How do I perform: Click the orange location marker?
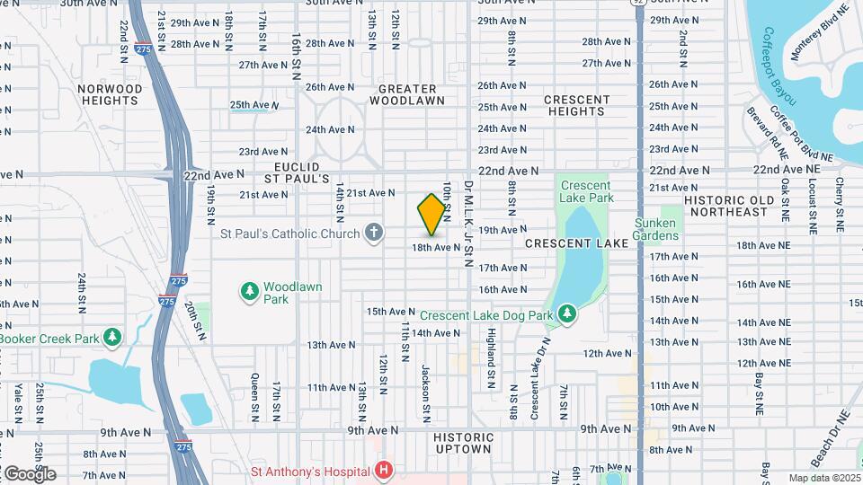tap(432, 215)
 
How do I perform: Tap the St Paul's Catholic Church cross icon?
tap(374, 234)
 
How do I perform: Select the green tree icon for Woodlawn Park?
tap(249, 292)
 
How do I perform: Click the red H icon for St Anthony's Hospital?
tap(384, 470)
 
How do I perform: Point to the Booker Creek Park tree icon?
tap(111, 338)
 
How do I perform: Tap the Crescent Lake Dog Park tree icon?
tap(566, 313)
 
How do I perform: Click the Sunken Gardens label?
tap(655, 229)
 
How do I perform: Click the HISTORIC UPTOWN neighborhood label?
tap(463, 443)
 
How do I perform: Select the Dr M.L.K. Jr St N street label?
tap(468, 223)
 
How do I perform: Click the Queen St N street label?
tap(254, 398)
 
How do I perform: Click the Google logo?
tap(30, 473)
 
